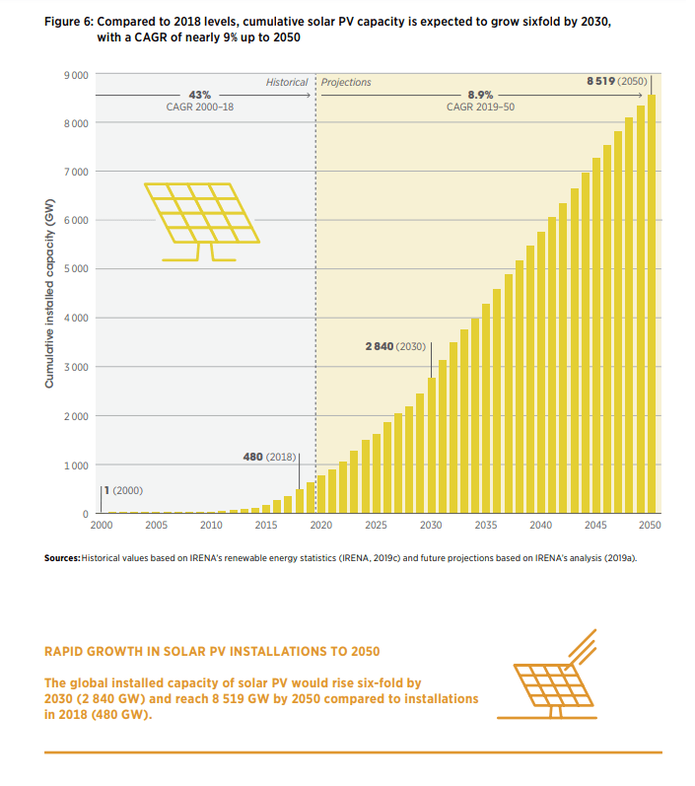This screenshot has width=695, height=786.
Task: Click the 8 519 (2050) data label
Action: [x=617, y=82]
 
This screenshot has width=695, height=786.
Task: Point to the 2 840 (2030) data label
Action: [x=395, y=346]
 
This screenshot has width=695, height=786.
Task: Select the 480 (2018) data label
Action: [x=269, y=458]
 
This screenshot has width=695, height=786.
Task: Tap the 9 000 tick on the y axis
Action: [x=77, y=75]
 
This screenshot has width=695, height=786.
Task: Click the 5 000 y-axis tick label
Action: [x=77, y=269]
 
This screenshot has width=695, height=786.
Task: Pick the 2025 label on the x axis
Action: [x=376, y=527]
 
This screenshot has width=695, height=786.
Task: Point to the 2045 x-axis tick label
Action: [x=595, y=527]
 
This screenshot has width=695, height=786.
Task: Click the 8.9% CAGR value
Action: [x=480, y=94]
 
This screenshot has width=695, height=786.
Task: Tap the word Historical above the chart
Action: [x=287, y=82]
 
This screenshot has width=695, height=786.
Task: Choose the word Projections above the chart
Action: [x=346, y=82]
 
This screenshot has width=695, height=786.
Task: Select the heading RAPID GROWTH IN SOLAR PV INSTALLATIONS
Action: [x=212, y=652]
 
